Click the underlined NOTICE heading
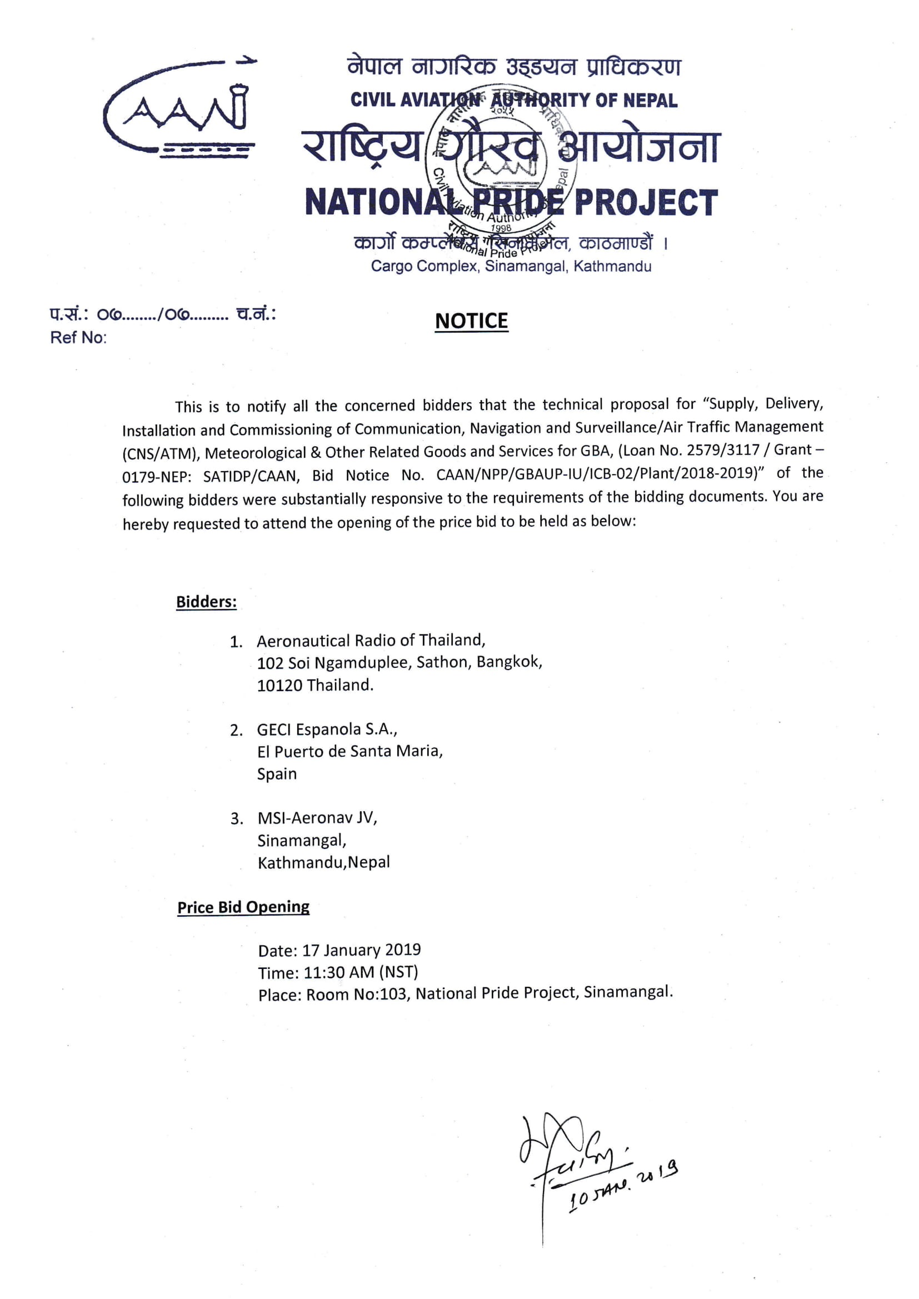(x=471, y=321)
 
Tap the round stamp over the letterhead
(x=501, y=169)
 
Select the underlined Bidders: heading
(x=206, y=601)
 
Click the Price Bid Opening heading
(x=243, y=907)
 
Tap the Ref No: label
(x=78, y=338)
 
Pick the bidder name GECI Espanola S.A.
(x=326, y=730)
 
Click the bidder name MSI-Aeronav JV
(x=317, y=818)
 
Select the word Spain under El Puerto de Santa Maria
(x=277, y=773)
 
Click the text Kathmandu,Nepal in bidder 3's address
(x=324, y=862)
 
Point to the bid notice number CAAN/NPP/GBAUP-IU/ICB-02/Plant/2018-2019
(x=596, y=474)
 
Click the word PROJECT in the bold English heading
(x=646, y=203)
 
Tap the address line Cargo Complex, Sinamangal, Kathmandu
(x=511, y=267)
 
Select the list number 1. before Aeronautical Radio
(x=236, y=642)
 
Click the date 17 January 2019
(x=361, y=950)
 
